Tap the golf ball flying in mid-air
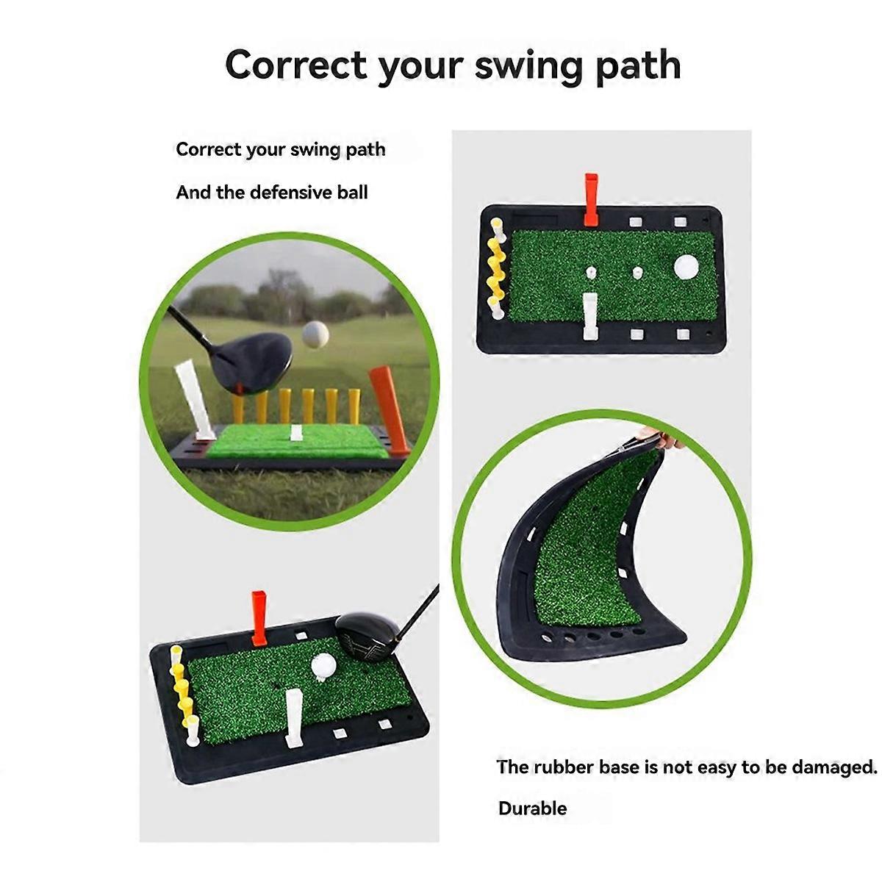[x=315, y=334]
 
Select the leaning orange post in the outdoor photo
[x=389, y=409]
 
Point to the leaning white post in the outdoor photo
[x=195, y=401]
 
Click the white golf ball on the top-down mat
[x=686, y=267]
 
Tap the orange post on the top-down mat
[x=591, y=199]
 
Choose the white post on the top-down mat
[x=590, y=316]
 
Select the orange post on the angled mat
[x=259, y=618]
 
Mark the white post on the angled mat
[x=293, y=719]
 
